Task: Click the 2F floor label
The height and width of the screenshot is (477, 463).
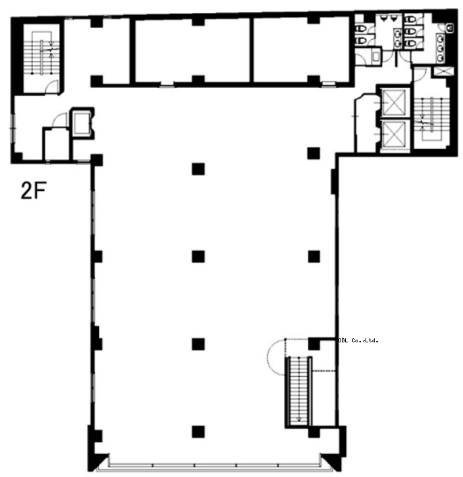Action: tap(33, 190)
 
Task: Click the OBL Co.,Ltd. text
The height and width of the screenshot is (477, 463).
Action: tap(358, 340)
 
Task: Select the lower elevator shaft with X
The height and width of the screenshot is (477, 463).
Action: tap(393, 134)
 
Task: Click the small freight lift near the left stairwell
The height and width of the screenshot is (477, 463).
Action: tap(82, 122)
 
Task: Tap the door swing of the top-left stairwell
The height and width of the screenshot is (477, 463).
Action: tap(51, 87)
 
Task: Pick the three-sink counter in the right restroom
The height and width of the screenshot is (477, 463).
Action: tap(440, 49)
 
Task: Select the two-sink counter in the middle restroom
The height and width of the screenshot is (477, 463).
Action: tap(397, 39)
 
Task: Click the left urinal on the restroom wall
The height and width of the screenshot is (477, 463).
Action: tap(385, 19)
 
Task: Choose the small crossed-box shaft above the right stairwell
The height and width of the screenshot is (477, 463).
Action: tap(443, 71)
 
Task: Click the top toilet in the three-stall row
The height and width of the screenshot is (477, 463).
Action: tap(412, 20)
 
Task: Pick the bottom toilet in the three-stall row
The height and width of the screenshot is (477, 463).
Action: tap(412, 43)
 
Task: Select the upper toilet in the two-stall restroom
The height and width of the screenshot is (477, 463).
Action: tap(361, 28)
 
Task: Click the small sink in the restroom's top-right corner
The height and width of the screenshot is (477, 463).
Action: tap(450, 28)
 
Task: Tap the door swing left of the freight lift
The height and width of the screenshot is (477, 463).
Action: tap(60, 120)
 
